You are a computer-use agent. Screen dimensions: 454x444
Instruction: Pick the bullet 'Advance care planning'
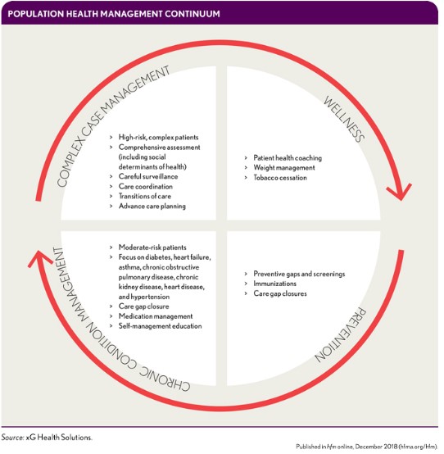pos(156,206)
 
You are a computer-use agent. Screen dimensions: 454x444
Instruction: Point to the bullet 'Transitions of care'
pos(152,196)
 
